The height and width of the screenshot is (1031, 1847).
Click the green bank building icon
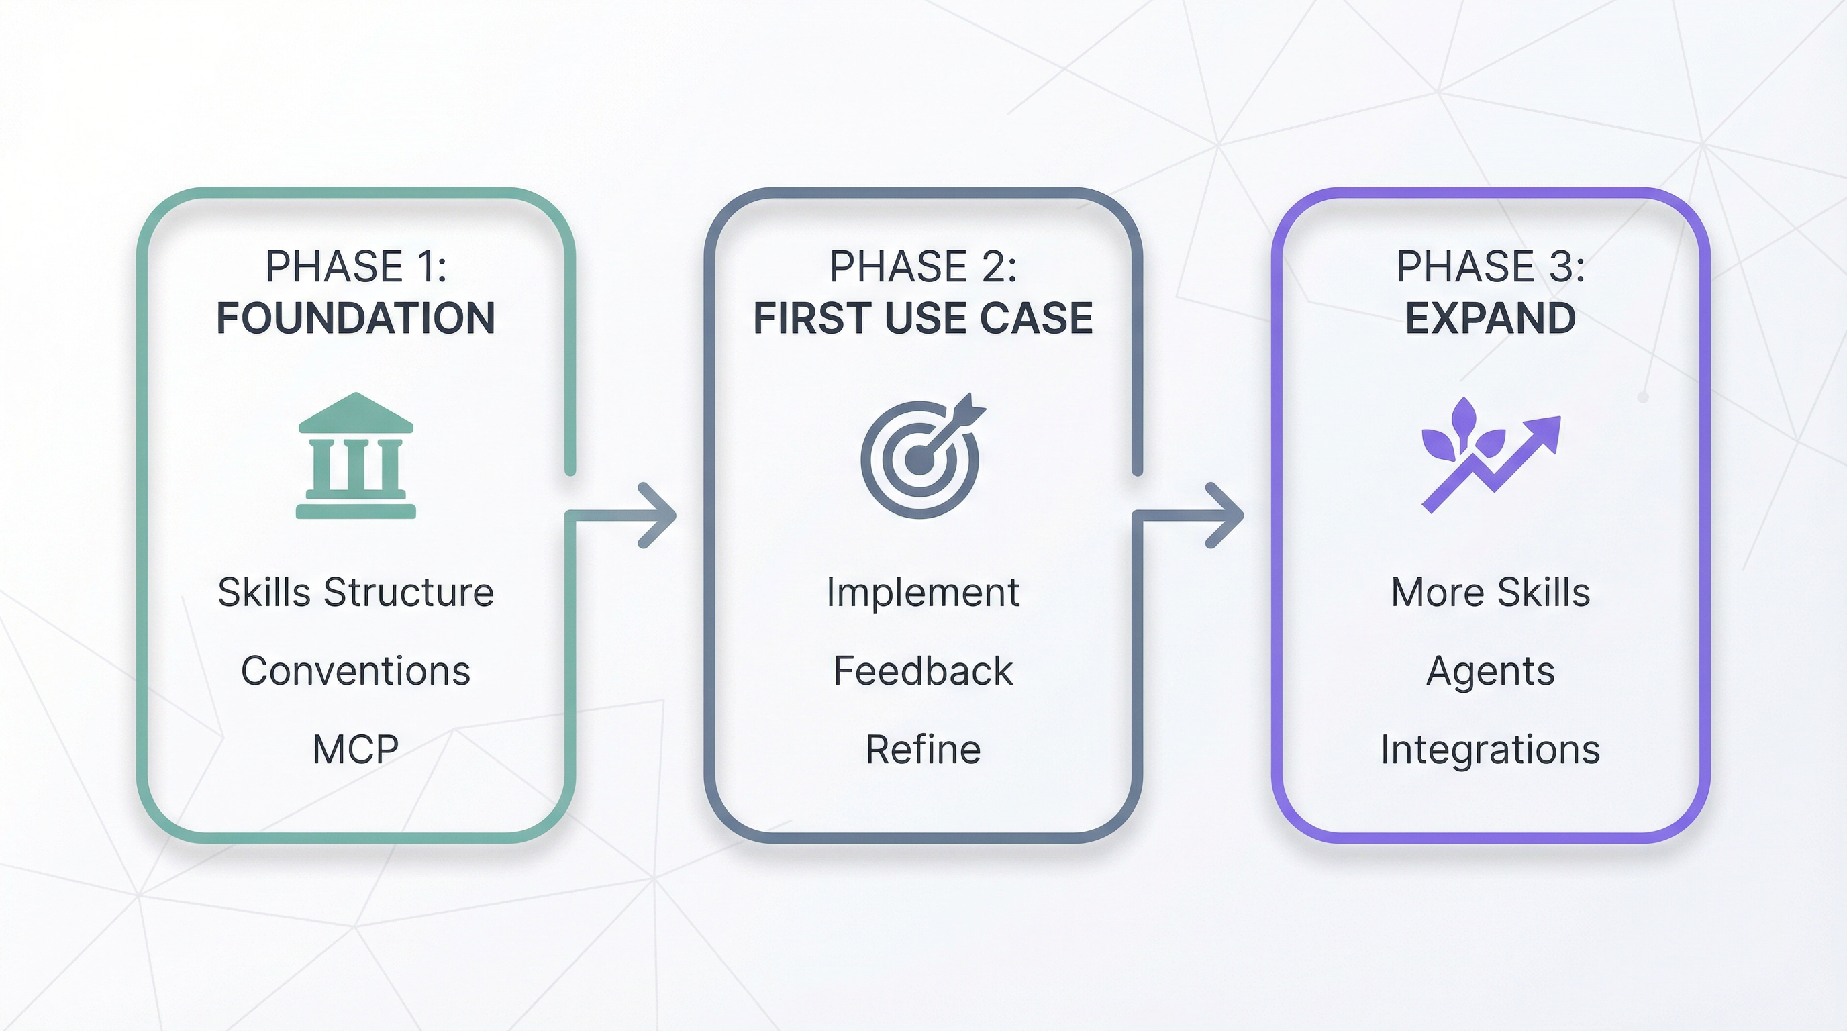click(356, 456)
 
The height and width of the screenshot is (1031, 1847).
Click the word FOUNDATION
click(356, 318)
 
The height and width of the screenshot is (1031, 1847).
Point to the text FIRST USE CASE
click(923, 318)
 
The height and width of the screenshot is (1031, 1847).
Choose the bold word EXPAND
click(1490, 318)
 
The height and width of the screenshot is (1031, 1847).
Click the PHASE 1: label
click(356, 266)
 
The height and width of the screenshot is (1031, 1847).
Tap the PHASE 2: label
click(923, 266)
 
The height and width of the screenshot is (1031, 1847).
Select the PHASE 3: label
click(1490, 266)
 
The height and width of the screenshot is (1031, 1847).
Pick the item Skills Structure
click(356, 592)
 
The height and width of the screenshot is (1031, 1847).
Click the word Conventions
click(356, 671)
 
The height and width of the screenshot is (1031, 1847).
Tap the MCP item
click(356, 750)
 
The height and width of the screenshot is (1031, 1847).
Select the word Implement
click(923, 592)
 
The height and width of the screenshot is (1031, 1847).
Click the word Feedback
click(923, 671)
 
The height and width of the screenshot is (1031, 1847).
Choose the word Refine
click(923, 750)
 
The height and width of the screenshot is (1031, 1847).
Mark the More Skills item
click(1490, 592)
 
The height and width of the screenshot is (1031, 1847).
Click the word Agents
click(1490, 671)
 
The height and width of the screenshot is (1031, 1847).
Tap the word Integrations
click(1490, 750)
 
